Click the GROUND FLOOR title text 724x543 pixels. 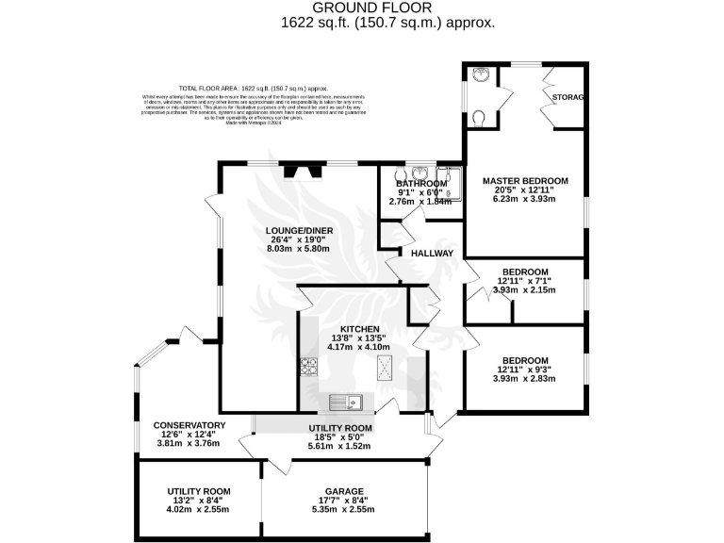pos(363,7)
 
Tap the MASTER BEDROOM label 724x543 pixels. pos(525,180)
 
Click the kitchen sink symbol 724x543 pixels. pos(346,403)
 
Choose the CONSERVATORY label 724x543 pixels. pos(189,425)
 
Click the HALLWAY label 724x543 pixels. pos(433,254)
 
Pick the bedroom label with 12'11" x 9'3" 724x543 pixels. pos(524,361)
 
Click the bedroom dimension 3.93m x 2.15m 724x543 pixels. pos(524,290)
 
